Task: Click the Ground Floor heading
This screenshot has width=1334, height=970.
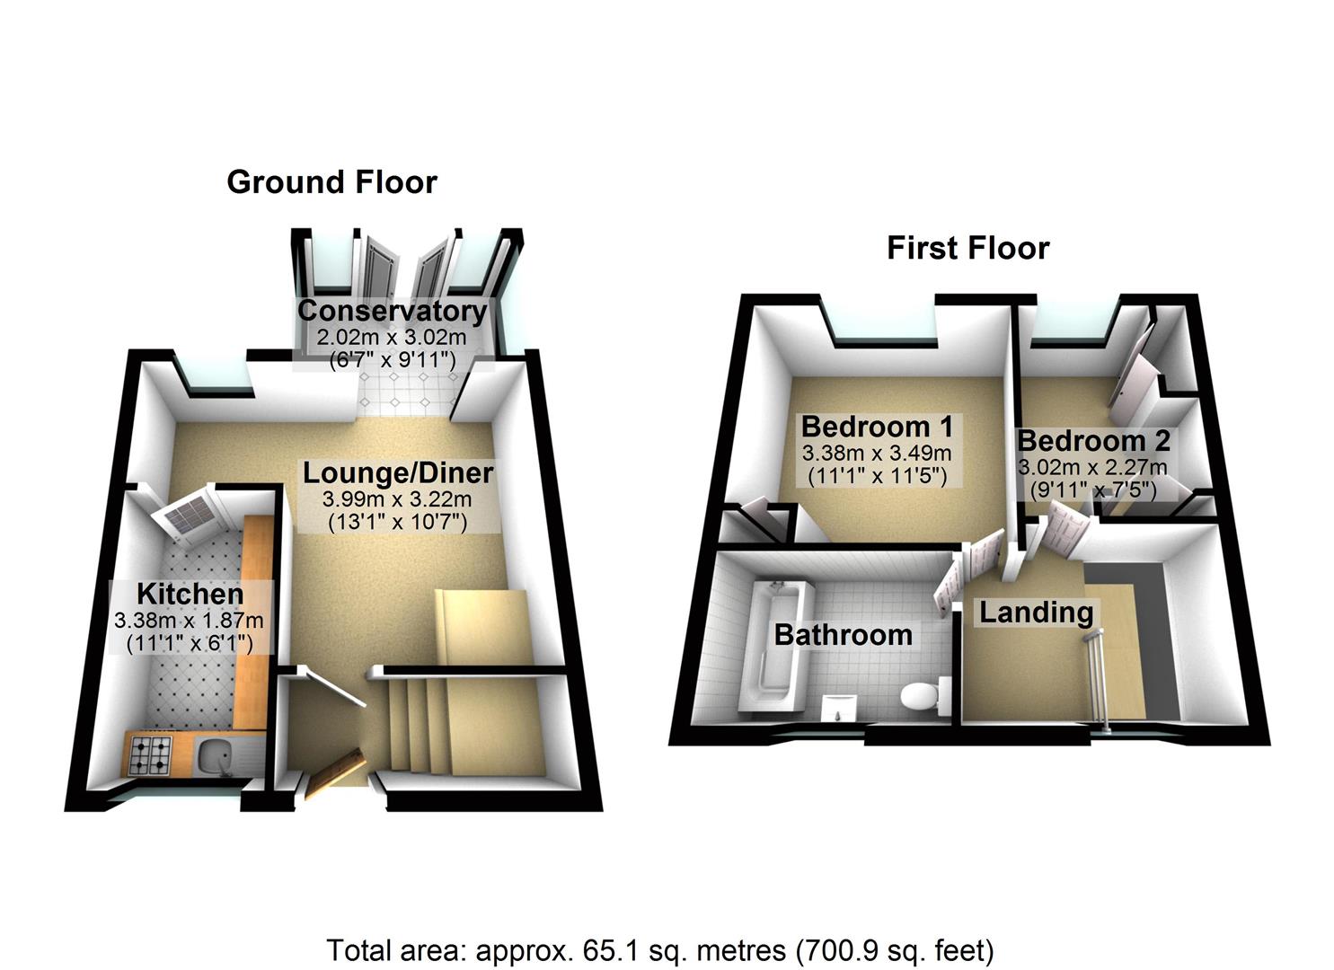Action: tap(331, 182)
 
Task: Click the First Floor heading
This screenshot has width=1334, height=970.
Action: tap(967, 248)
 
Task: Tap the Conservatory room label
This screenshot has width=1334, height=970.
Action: tap(392, 311)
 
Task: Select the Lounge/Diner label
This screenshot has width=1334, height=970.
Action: tap(397, 472)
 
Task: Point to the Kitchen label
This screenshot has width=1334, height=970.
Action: tap(190, 594)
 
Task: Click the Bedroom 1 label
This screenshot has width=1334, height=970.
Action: tap(877, 426)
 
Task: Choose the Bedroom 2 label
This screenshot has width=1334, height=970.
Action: tap(1093, 441)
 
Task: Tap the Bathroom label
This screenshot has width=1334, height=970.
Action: tap(843, 635)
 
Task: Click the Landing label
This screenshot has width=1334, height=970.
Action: tap(1036, 613)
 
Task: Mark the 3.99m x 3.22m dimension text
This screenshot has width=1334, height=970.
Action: tap(397, 499)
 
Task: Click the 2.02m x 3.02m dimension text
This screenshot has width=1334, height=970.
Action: tap(392, 338)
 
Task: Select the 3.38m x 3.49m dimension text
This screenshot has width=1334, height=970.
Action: tap(877, 453)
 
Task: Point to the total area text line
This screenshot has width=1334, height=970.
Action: tap(660, 949)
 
